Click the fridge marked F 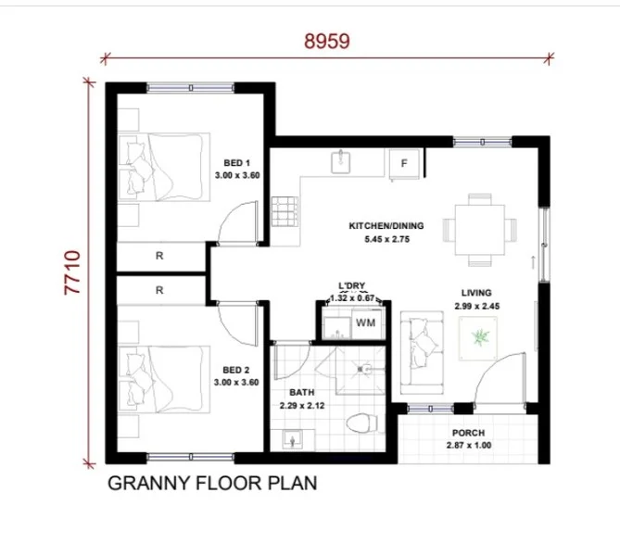404,164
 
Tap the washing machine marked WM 364,323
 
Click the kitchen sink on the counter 339,163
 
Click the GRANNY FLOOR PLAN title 212,484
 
